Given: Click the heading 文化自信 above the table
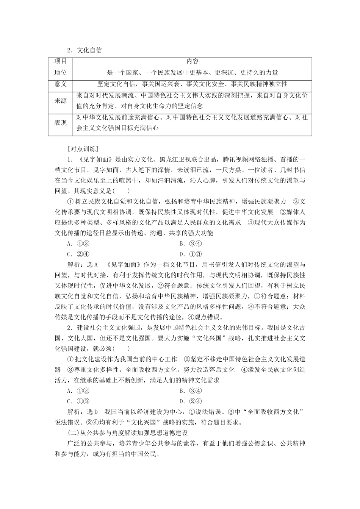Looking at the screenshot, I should (x=89, y=50).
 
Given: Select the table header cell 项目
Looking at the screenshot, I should (x=61, y=61).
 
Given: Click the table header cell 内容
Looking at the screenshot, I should (x=192, y=61).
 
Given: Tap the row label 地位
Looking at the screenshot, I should (x=61, y=73).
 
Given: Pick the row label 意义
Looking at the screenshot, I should (x=61, y=84).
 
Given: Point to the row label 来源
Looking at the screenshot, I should (x=61, y=101).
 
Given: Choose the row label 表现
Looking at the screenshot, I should (x=61, y=123).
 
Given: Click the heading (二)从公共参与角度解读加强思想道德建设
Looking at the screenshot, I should (x=127, y=433).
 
